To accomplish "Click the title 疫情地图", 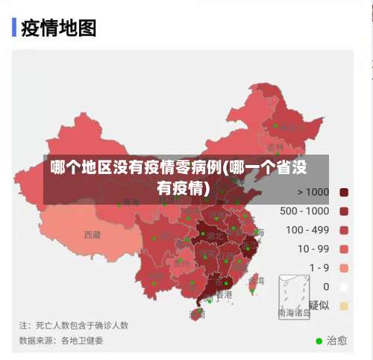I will pos(59,28).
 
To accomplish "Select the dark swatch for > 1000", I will pos(344,192).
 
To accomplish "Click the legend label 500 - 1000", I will pos(304,211).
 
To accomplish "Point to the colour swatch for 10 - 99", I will pos(344,249).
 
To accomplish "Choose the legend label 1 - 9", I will pos(313,267).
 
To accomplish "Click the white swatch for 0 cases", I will pos(344,286).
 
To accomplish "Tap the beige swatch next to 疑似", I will pos(344,305).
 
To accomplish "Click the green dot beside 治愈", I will pos(319,341).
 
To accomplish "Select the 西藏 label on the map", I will pos(92,235).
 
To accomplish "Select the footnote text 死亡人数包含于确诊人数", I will pos(82,326).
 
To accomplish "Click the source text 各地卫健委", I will pos(82,341).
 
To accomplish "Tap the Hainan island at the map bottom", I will pos(197,314).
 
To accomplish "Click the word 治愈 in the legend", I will pos(336,341).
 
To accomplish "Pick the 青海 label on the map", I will pos(131,202).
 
